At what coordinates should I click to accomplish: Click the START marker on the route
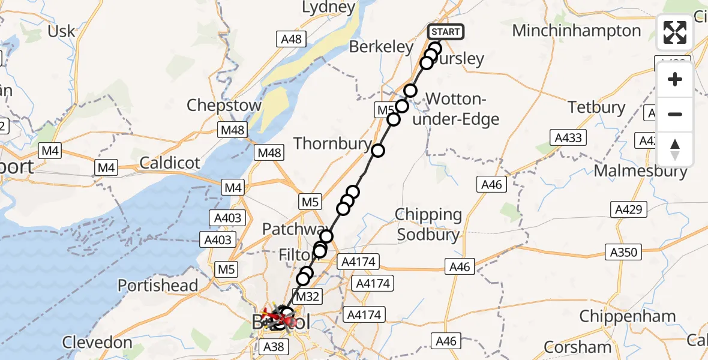tap(446, 32)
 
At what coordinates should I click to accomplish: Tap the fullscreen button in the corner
tap(675, 32)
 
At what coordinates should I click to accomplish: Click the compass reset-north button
tap(675, 149)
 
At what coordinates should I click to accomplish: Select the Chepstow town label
tap(224, 106)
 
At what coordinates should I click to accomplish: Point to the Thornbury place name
tap(332, 143)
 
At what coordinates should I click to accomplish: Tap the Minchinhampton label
tap(577, 31)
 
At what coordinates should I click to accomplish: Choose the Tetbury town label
tap(596, 108)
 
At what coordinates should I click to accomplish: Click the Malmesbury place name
tap(640, 171)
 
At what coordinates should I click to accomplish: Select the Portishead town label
tap(158, 285)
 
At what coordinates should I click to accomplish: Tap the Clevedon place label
tap(97, 343)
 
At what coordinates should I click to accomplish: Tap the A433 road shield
tap(568, 138)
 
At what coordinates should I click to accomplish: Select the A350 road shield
tap(623, 252)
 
